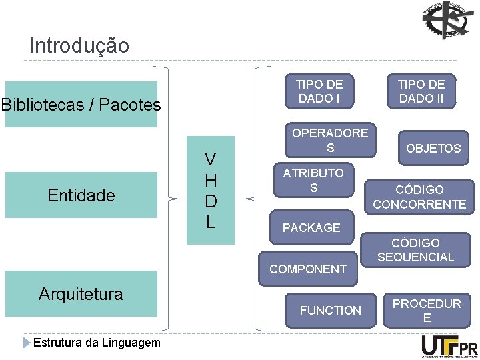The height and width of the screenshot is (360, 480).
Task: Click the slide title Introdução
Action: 79,46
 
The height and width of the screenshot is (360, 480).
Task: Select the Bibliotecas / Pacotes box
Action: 81,105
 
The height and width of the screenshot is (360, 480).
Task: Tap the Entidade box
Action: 81,195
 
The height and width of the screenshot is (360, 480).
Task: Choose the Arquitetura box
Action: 81,294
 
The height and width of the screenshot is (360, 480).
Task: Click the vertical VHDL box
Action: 210,191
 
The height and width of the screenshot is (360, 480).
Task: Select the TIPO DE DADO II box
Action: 421,91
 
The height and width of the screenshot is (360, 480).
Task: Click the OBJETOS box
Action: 433,148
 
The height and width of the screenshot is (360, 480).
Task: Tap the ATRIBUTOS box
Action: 313,181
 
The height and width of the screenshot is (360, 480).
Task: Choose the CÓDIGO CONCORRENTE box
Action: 419,197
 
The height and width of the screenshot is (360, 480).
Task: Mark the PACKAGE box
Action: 311,228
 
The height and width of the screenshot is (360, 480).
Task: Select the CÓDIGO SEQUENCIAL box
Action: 415,250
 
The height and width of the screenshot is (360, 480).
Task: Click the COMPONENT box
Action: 308,269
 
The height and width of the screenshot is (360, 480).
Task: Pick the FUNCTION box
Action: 330,310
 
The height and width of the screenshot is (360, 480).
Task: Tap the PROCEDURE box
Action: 427,311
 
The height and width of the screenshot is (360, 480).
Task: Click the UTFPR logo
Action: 449,345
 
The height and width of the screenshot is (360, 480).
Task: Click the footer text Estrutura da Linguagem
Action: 97,343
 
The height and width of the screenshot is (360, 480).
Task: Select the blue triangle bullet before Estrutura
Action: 27,343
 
